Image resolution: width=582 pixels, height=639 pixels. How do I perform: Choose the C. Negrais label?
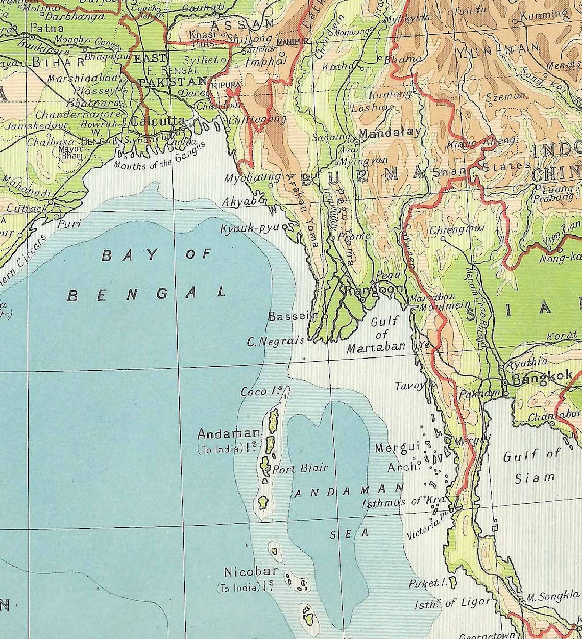276,342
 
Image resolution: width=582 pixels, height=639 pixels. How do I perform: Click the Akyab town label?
239,202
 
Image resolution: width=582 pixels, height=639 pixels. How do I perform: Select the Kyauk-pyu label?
251,229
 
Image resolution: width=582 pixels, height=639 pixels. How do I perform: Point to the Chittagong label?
257,119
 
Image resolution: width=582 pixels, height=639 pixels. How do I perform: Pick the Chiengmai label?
456,229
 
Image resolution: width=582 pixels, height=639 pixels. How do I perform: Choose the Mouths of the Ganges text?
159,156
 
